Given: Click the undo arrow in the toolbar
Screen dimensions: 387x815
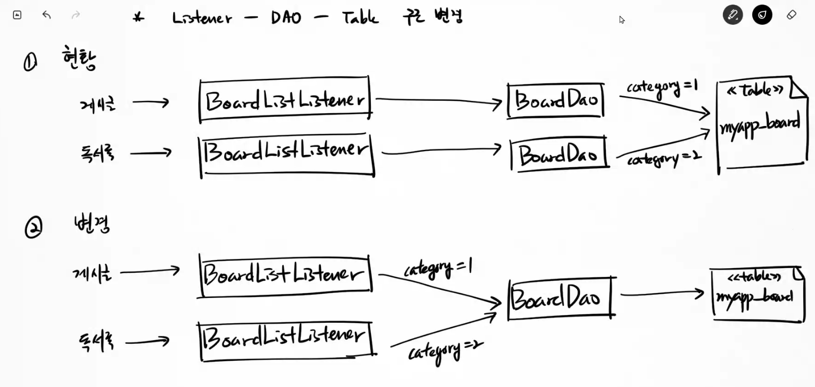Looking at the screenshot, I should click(x=46, y=15).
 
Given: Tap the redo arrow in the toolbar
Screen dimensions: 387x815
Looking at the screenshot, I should click(x=76, y=15).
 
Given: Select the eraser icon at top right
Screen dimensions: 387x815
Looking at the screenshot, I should click(x=791, y=15).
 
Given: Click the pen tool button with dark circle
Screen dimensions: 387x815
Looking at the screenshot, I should click(x=733, y=15).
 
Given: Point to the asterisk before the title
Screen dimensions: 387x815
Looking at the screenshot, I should click(x=138, y=18).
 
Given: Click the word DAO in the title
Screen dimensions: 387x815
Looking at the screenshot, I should click(x=286, y=19).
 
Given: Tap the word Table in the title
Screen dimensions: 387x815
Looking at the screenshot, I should click(x=360, y=18).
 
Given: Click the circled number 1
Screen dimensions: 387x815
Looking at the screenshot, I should click(x=30, y=63).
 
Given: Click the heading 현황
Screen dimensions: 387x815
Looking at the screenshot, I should click(x=79, y=58).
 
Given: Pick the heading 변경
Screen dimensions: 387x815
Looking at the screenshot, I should click(x=92, y=224).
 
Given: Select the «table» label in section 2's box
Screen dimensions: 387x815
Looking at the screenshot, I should click(x=753, y=277).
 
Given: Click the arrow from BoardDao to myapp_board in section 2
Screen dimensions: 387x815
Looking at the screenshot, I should click(x=662, y=294).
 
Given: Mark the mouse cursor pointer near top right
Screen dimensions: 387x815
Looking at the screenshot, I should click(x=621, y=20).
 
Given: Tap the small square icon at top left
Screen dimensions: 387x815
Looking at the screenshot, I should click(x=17, y=15).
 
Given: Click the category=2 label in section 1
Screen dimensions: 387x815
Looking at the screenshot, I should click(x=663, y=159).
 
